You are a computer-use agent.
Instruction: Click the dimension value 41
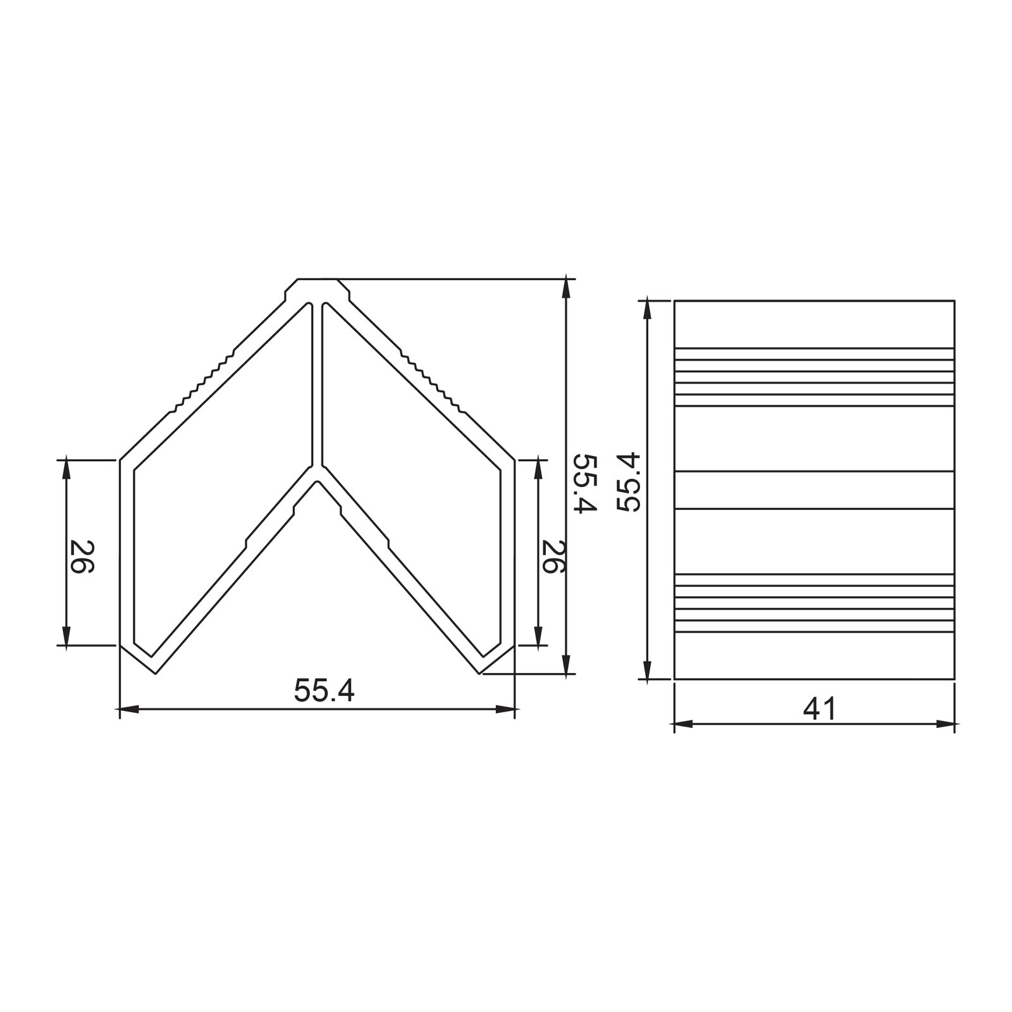click(820, 709)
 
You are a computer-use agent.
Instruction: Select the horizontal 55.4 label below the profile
click(324, 691)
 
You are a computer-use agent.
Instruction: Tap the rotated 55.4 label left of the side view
click(629, 482)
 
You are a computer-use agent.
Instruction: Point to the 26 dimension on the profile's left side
click(82, 556)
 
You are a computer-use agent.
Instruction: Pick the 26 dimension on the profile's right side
click(553, 556)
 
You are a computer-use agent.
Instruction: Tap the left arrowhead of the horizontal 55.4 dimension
click(129, 709)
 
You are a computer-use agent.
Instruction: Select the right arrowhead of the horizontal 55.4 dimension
click(506, 709)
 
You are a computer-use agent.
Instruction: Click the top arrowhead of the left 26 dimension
click(66, 469)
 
